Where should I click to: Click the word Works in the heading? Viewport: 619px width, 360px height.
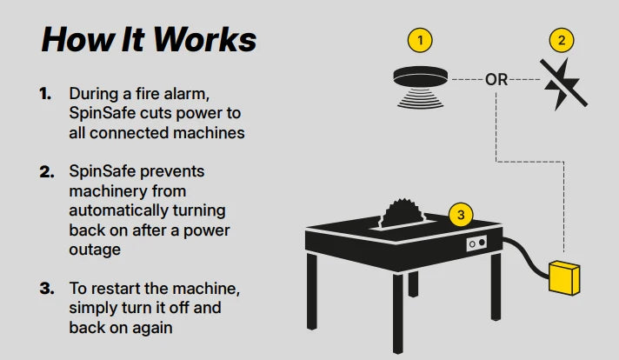point(204,39)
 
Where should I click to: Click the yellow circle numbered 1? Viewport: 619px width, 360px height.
point(420,40)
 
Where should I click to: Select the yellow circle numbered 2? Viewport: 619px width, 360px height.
point(562,40)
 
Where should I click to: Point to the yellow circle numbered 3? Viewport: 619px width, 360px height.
point(461,215)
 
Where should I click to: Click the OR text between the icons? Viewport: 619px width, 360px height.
point(496,80)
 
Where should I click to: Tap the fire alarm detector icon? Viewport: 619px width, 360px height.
point(421,87)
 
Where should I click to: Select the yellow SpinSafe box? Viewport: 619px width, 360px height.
point(564,277)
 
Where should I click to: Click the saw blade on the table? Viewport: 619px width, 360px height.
point(400,213)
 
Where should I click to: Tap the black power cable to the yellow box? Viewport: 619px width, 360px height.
point(526,257)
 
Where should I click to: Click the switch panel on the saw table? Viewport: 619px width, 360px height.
point(476,243)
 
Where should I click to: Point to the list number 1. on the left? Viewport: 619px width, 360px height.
point(45,94)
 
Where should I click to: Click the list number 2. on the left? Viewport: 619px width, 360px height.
point(47,171)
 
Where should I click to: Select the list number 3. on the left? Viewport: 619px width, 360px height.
point(47,289)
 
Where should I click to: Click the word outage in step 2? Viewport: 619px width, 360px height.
point(95,250)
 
